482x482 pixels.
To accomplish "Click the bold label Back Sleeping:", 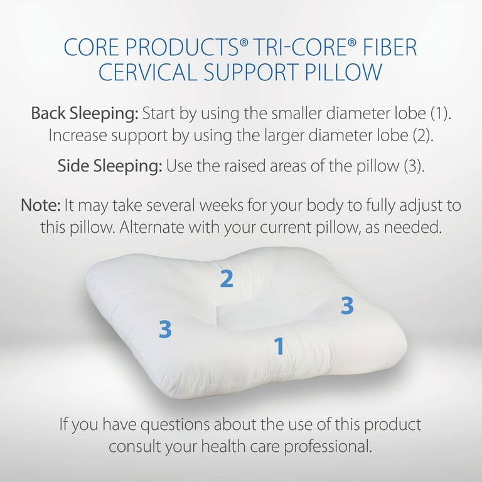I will (x=84, y=114).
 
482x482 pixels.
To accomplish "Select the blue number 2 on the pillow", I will (x=227, y=279).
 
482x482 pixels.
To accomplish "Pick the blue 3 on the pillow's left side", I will (x=165, y=329).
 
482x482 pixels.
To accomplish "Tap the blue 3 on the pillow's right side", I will (x=347, y=306).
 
